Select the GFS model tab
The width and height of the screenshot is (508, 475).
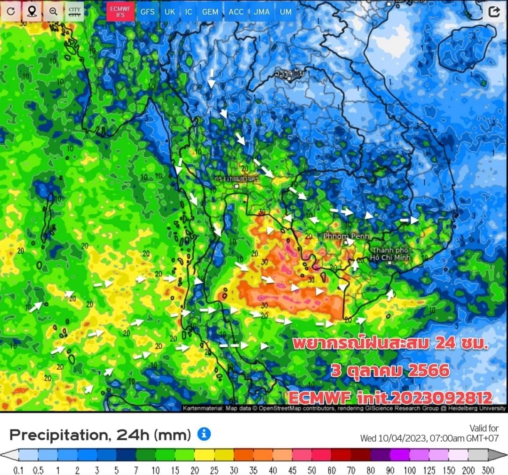(147, 11)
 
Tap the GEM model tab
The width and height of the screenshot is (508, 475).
(210, 11)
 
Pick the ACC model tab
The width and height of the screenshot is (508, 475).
(236, 11)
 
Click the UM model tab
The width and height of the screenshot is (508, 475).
(286, 11)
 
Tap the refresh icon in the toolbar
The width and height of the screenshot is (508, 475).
(10, 11)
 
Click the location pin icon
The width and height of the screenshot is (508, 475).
(32, 11)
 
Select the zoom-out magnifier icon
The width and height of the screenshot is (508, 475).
(53, 11)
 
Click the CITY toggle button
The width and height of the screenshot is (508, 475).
(74, 11)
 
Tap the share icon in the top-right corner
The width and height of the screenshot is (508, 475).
(494, 12)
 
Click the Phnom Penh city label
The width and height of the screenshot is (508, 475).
(346, 235)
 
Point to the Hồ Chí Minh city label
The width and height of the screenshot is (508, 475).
(390, 253)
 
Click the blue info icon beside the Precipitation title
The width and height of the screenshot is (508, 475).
(204, 434)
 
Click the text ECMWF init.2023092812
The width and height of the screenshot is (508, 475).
(390, 397)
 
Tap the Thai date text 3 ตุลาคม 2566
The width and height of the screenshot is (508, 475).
(390, 371)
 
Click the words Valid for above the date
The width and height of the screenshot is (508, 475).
(484, 428)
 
